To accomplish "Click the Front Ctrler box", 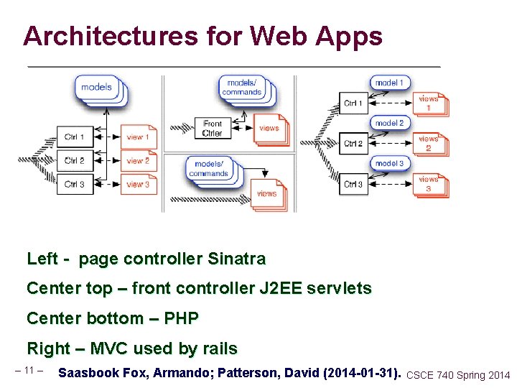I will tap(212, 128).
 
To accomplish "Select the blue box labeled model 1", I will tap(389, 83).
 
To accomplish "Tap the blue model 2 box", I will tap(389, 124).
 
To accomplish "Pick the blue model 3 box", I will tap(389, 164).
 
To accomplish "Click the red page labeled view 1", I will tap(137, 137).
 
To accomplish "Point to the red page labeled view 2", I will tap(137, 160).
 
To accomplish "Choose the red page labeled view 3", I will tap(137, 184).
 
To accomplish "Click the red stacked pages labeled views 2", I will tap(429, 144).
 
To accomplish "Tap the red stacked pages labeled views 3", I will tap(429, 184).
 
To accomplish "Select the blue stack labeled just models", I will tap(97, 88).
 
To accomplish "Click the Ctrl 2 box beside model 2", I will tap(353, 144).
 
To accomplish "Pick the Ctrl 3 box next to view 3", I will tap(75, 184).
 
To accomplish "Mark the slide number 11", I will tap(29, 370).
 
